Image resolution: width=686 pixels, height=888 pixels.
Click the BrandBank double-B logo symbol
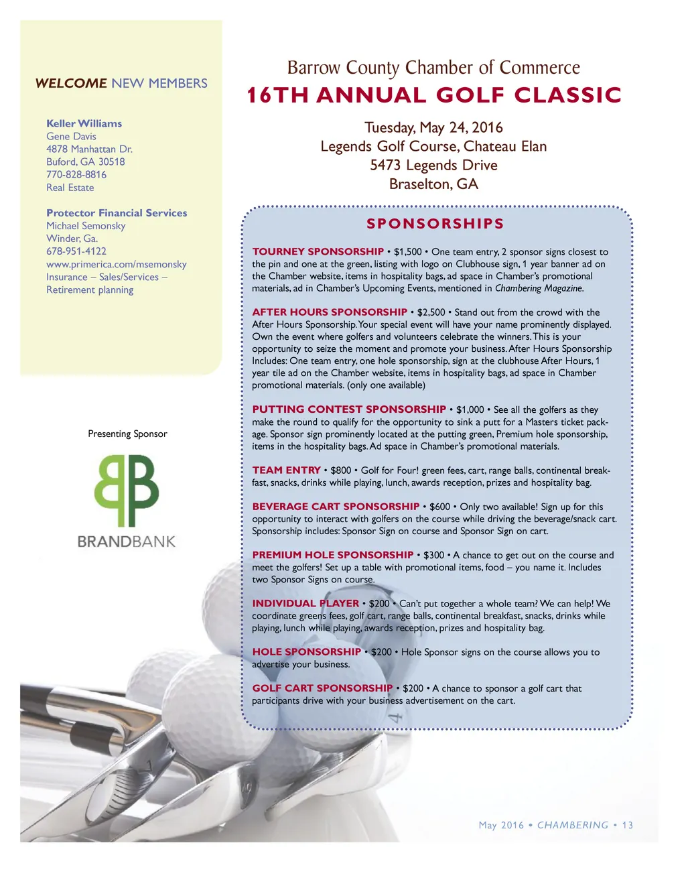point(127,490)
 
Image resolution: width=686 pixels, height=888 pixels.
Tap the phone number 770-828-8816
point(76,174)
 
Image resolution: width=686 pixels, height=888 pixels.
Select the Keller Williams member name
point(84,123)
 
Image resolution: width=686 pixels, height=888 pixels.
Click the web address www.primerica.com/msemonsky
point(117,264)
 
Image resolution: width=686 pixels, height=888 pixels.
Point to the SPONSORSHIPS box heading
point(435,224)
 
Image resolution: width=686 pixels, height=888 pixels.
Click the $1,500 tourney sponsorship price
point(407,252)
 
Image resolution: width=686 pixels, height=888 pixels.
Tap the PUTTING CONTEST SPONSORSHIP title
point(349,409)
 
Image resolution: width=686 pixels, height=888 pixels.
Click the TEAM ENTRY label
point(286,470)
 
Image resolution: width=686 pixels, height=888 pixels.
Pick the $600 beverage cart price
point(439,507)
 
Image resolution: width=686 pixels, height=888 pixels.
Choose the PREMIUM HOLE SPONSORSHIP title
point(333,555)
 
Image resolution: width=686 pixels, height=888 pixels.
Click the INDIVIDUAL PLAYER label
point(305,603)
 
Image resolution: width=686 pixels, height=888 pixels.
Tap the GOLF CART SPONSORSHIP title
point(322,688)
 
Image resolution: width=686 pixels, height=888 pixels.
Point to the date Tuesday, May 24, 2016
point(433,127)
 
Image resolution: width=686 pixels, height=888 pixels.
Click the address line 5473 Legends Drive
point(433,165)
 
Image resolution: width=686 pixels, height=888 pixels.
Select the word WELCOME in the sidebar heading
point(71,83)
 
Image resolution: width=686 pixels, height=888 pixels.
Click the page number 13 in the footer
point(627,825)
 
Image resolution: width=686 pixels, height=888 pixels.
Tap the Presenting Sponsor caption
point(127,434)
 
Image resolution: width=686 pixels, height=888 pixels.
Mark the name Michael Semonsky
point(86,226)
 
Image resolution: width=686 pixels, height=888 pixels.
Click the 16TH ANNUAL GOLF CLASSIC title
point(434,95)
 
